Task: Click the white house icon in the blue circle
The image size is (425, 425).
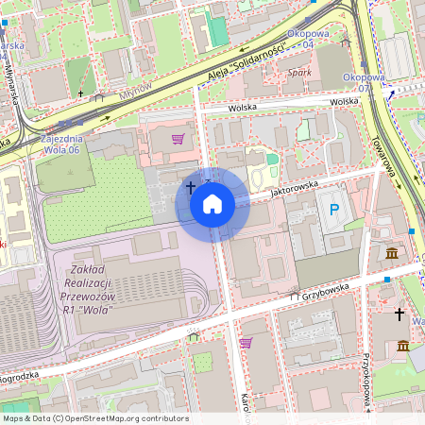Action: [x=212, y=204]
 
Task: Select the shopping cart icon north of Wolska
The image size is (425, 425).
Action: [x=178, y=138]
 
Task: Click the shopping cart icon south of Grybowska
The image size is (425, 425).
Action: [x=246, y=342]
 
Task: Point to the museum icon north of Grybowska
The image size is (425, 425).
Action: [x=391, y=252]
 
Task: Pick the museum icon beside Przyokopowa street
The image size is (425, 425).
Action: [x=403, y=347]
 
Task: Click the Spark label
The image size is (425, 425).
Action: [x=299, y=72]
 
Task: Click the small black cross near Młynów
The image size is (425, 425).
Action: [x=81, y=93]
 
